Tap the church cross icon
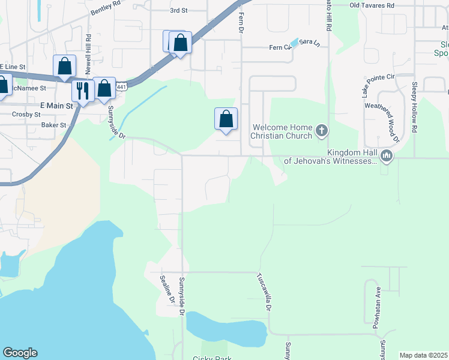322,130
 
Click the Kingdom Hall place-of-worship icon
385,157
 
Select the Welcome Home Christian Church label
282,132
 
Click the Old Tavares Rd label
372,5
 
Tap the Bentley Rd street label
106,8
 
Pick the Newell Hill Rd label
88,53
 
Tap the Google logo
20,353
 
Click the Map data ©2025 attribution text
423,355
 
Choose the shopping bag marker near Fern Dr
226,119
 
